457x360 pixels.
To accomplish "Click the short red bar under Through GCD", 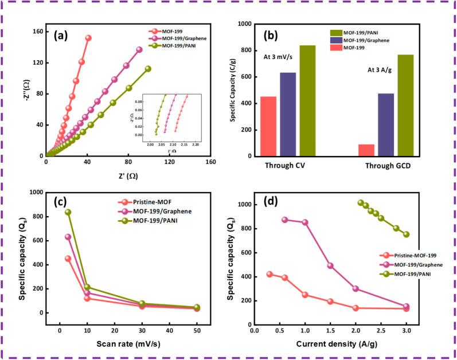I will [x=366, y=150].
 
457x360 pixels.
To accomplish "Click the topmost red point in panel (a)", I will [x=88, y=38].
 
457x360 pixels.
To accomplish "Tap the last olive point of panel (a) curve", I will [x=148, y=69].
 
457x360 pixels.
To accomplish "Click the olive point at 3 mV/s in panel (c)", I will [x=68, y=212].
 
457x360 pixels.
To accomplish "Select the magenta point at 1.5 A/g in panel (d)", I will [x=330, y=265].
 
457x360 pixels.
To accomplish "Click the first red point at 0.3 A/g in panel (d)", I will [x=269, y=274].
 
